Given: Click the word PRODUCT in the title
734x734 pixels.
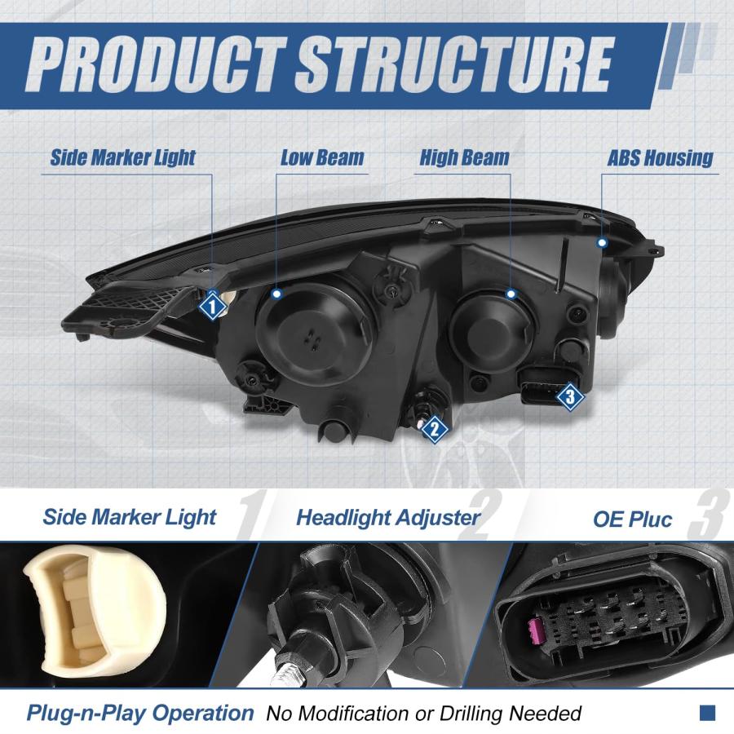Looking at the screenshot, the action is [x=157, y=64].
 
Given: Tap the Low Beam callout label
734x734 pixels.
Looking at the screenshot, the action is [x=322, y=157].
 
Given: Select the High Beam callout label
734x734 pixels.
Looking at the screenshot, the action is [x=464, y=157].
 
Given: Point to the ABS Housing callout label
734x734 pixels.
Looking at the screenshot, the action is [x=660, y=158].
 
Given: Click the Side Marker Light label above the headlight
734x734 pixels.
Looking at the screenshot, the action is [x=122, y=157].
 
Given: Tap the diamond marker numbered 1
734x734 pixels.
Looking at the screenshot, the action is [x=212, y=307].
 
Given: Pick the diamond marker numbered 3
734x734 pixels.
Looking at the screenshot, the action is [x=570, y=397].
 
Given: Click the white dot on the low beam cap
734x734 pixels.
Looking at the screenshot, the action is [x=277, y=294].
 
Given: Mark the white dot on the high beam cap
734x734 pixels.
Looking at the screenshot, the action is [x=511, y=294].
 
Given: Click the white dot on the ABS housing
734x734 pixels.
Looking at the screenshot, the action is [x=603, y=242].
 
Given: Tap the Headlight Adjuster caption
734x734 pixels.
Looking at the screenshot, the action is [x=388, y=518].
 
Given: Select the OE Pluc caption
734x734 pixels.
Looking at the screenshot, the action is [x=632, y=520].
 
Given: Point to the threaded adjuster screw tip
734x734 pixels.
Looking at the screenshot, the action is [x=286, y=668].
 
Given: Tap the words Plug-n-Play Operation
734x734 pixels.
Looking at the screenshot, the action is [x=140, y=713].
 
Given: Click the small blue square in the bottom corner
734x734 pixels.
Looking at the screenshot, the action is [x=707, y=713].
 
